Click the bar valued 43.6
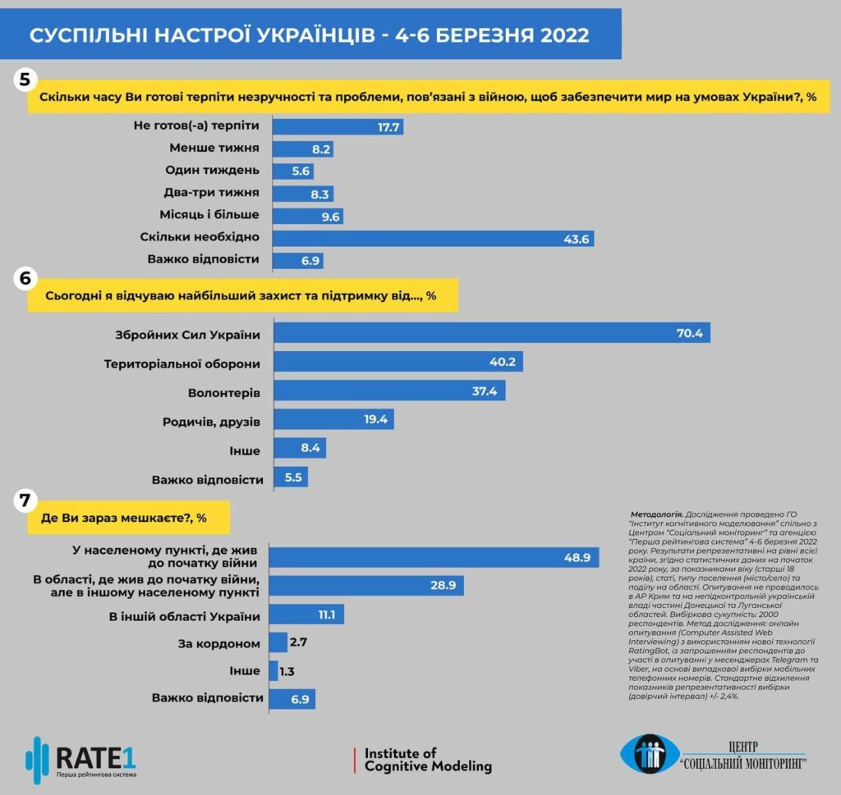[432, 238]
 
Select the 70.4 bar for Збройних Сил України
[491, 333]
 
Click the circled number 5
[24, 80]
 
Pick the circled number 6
[24, 278]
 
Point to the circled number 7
[24, 500]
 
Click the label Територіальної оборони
[182, 363]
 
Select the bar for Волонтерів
[388, 391]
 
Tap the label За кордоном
[221, 644]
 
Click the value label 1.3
[287, 671]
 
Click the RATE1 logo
[82, 759]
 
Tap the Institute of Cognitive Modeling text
[427, 760]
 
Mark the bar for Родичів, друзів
[333, 420]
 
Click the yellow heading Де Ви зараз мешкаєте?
[123, 518]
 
